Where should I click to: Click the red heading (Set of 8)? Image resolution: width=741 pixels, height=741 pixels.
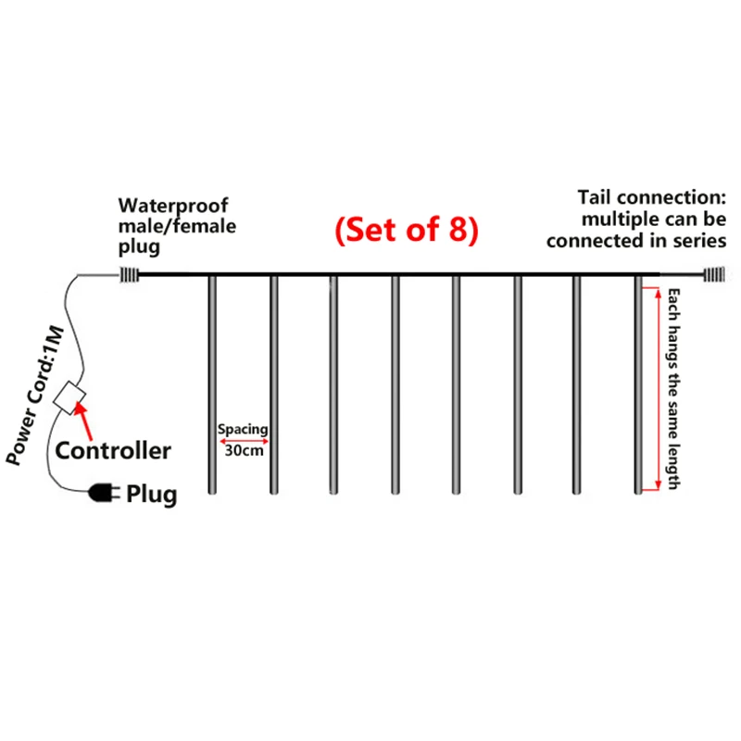pyautogui.click(x=407, y=230)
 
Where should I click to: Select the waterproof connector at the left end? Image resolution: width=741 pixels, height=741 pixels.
pyautogui.click(x=128, y=275)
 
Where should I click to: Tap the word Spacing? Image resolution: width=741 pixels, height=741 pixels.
pyautogui.click(x=243, y=429)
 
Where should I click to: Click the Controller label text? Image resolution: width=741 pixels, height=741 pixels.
pyautogui.click(x=113, y=451)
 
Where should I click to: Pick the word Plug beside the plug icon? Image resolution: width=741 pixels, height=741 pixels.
pyautogui.click(x=152, y=495)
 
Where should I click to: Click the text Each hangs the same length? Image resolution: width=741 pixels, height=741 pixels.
pyautogui.click(x=673, y=389)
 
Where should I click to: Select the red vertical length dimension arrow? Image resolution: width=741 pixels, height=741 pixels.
pyautogui.click(x=659, y=389)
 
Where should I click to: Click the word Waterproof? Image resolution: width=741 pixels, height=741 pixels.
pyautogui.click(x=173, y=206)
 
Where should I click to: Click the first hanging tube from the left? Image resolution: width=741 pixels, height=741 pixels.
pyautogui.click(x=212, y=384)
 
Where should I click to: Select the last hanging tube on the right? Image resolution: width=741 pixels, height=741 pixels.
pyautogui.click(x=638, y=384)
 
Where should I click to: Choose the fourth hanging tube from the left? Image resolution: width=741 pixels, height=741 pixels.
pyautogui.click(x=396, y=384)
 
